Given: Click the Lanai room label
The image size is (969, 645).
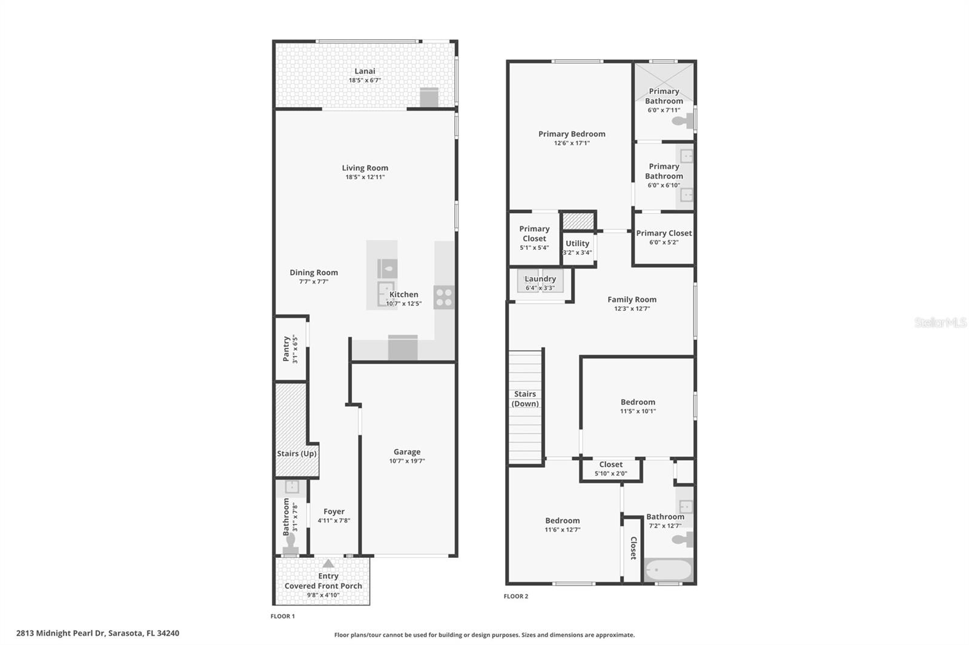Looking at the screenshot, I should pyautogui.click(x=365, y=71).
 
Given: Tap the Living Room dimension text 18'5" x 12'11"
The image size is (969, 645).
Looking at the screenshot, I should pyautogui.click(x=365, y=177).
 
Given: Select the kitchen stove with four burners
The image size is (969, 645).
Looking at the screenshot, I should pyautogui.click(x=444, y=297).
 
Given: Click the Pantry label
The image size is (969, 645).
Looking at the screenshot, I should pyautogui.click(x=286, y=349).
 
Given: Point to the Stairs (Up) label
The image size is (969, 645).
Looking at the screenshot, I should pyautogui.click(x=297, y=453).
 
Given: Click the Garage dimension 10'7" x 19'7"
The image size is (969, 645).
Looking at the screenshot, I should pyautogui.click(x=407, y=461).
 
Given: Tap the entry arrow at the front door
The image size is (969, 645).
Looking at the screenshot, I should pyautogui.click(x=328, y=564).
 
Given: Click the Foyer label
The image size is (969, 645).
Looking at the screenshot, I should pyautogui.click(x=334, y=511).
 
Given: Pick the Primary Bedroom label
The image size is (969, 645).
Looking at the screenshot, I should pyautogui.click(x=572, y=134).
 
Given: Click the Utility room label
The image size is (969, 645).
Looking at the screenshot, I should pyautogui.click(x=577, y=243).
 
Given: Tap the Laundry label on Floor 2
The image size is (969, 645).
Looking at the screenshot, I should pyautogui.click(x=540, y=279).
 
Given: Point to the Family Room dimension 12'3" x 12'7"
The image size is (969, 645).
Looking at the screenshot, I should pyautogui.click(x=632, y=309).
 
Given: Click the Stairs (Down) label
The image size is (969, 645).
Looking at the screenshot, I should pyautogui.click(x=525, y=399).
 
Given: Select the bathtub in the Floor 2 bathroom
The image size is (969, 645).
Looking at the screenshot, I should pyautogui.click(x=668, y=570).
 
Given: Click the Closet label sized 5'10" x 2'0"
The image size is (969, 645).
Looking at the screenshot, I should pyautogui.click(x=610, y=465).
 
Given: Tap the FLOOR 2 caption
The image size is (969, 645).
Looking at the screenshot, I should pyautogui.click(x=516, y=596).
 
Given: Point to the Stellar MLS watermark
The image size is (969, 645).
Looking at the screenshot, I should pyautogui.click(x=940, y=322).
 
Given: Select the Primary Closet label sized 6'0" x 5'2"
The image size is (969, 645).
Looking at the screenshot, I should pyautogui.click(x=664, y=233).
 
